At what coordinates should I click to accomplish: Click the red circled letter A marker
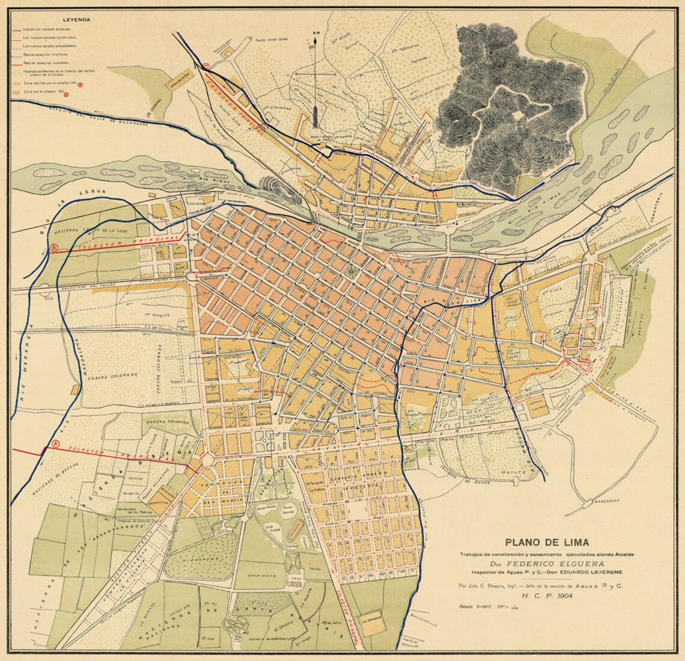[x=56, y=443]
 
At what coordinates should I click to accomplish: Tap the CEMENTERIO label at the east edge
[x=659, y=215]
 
